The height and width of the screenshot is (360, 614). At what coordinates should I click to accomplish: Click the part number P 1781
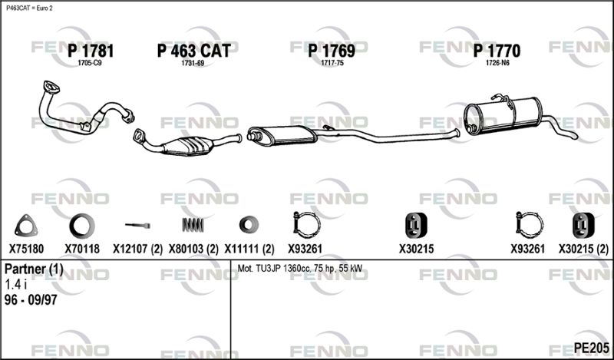click(91, 51)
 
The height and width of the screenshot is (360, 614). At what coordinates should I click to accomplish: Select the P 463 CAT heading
click(194, 51)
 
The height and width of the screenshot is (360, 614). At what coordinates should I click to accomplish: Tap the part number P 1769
click(332, 51)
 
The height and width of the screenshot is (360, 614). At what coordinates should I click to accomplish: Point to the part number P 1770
click(497, 51)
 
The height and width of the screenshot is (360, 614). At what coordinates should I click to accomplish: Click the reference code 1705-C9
click(90, 63)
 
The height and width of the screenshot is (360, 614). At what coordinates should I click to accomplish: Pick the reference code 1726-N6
click(497, 63)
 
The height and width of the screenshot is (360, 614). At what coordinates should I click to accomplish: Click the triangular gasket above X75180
click(26, 226)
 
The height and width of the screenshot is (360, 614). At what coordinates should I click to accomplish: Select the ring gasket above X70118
click(82, 226)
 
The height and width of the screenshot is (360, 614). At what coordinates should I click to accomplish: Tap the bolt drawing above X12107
click(138, 225)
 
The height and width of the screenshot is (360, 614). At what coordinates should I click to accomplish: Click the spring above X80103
click(193, 224)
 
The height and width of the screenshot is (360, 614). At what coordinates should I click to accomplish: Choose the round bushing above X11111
click(249, 224)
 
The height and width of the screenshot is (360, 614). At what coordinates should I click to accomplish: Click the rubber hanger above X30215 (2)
click(583, 225)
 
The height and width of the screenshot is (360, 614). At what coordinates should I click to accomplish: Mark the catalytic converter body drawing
click(188, 146)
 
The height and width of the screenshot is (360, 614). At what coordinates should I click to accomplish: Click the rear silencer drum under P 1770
click(503, 115)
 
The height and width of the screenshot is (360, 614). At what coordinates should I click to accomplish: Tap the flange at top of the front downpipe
click(51, 87)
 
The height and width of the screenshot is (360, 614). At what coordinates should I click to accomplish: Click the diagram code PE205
click(591, 348)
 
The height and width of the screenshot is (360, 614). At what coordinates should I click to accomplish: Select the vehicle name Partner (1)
click(34, 269)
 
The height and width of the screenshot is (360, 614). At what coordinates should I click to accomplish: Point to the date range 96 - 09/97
click(31, 300)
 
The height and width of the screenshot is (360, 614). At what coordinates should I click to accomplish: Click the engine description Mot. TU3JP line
click(300, 269)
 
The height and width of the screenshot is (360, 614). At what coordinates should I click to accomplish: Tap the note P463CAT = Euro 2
click(29, 8)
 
